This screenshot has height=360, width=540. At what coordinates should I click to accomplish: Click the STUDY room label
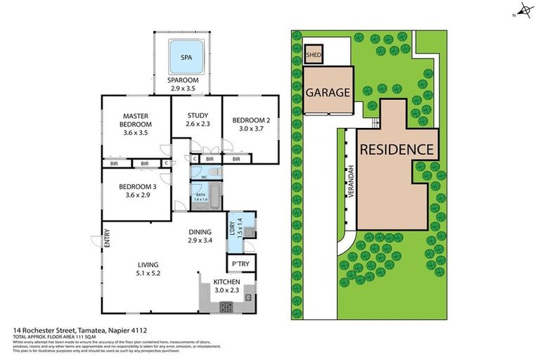(x=197, y=120)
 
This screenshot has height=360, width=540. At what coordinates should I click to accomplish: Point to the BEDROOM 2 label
(x=250, y=124)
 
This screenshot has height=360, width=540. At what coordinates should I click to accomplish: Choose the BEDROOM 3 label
(x=137, y=191)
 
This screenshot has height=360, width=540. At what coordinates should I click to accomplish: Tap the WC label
(x=203, y=177)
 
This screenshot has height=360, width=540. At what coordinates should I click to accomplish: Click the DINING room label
(x=200, y=236)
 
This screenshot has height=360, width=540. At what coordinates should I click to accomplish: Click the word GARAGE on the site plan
(x=327, y=92)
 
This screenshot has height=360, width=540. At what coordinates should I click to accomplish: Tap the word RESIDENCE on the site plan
(x=397, y=149)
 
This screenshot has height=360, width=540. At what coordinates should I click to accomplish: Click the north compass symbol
(x=522, y=12)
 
